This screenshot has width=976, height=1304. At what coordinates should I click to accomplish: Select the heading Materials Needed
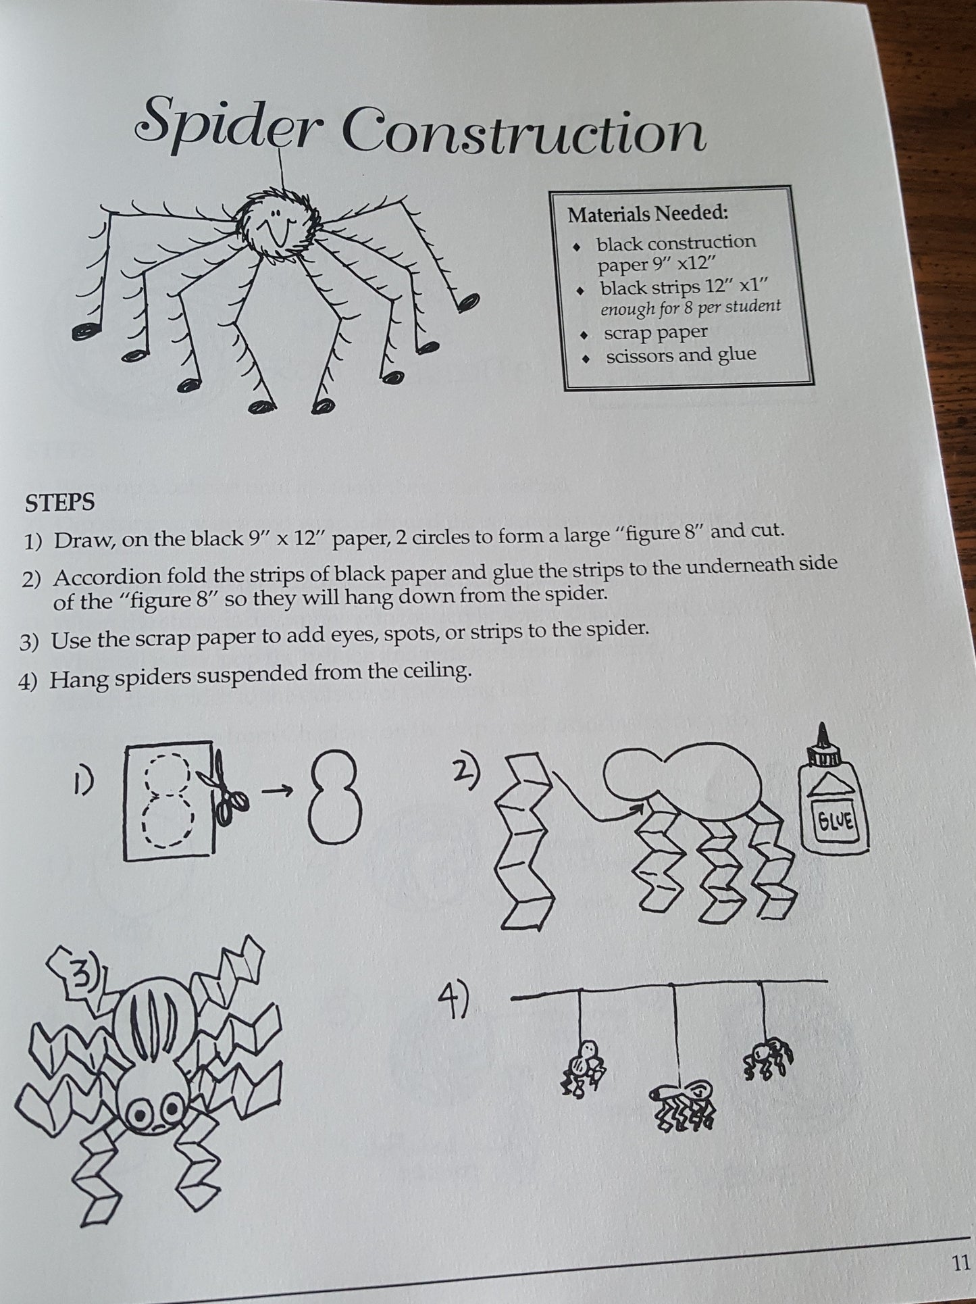tap(648, 214)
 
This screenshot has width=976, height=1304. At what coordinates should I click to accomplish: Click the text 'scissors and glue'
tap(681, 355)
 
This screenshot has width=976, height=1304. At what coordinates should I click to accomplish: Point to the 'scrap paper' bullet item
tap(655, 332)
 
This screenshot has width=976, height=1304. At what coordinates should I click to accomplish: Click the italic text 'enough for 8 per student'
tap(690, 307)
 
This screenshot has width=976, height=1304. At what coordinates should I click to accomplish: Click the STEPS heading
tap(59, 503)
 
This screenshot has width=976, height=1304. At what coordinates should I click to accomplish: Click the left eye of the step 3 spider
tap(141, 1109)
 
